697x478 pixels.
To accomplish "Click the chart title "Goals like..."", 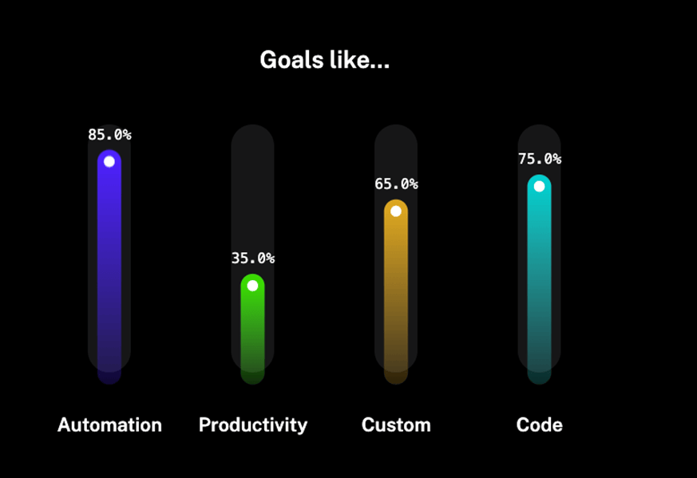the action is [x=324, y=60].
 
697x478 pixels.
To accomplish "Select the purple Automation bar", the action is [x=109, y=267].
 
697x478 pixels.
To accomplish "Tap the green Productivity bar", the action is [x=252, y=329].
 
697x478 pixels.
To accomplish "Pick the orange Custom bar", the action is [x=396, y=291].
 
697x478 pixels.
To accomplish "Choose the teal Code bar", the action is [x=539, y=279].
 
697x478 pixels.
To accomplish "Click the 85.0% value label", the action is [x=109, y=135].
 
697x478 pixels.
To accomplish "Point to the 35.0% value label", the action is [x=253, y=258].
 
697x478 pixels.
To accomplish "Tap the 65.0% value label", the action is [x=396, y=184].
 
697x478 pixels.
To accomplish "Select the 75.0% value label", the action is [x=540, y=159].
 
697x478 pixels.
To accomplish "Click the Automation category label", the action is [x=109, y=425].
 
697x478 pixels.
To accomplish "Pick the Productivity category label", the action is [x=253, y=425].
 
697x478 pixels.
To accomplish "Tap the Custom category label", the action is [x=396, y=425].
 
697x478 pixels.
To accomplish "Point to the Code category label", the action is [x=539, y=425].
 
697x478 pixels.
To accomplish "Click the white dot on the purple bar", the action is [x=109, y=162].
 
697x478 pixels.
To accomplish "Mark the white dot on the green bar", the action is [x=252, y=286].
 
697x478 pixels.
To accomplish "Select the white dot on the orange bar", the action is [x=396, y=211].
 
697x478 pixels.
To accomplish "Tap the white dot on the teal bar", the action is [x=539, y=187].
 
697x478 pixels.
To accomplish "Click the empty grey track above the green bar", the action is [x=252, y=187].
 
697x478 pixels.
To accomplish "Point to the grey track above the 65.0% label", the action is [x=396, y=150].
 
